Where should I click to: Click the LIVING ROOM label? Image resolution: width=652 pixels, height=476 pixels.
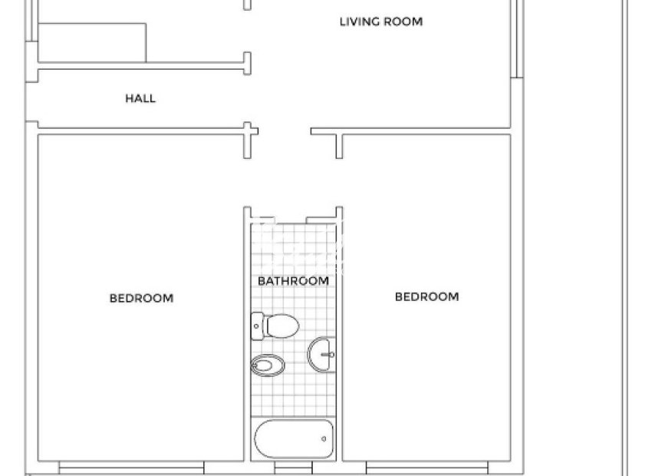tap(380, 21)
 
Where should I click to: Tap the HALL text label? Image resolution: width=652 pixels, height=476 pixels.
tap(140, 98)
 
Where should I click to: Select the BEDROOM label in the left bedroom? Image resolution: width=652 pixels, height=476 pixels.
tap(141, 298)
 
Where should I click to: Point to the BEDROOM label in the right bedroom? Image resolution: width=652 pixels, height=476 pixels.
tap(426, 296)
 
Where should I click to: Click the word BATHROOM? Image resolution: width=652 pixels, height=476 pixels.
tap(293, 281)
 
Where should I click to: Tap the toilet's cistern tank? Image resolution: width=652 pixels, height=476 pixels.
tap(257, 326)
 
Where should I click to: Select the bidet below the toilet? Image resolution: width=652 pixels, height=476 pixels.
tap(265, 365)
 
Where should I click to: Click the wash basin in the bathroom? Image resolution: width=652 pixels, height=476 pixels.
tap(323, 355)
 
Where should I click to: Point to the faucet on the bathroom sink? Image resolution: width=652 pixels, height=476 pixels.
tap(329, 355)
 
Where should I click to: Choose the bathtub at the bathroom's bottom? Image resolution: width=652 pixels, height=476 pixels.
tap(295, 439)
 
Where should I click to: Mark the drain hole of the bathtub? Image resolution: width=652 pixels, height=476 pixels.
tap(324, 439)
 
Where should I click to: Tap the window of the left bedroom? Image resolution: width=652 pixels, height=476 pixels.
tap(131, 466)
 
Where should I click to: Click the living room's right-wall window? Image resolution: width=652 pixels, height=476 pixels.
tap(519, 38)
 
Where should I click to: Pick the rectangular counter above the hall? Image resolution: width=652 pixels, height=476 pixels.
tap(92, 42)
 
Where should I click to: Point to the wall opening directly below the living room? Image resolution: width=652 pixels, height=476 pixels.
tap(285, 131)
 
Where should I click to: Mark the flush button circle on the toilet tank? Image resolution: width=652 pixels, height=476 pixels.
tap(256, 326)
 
